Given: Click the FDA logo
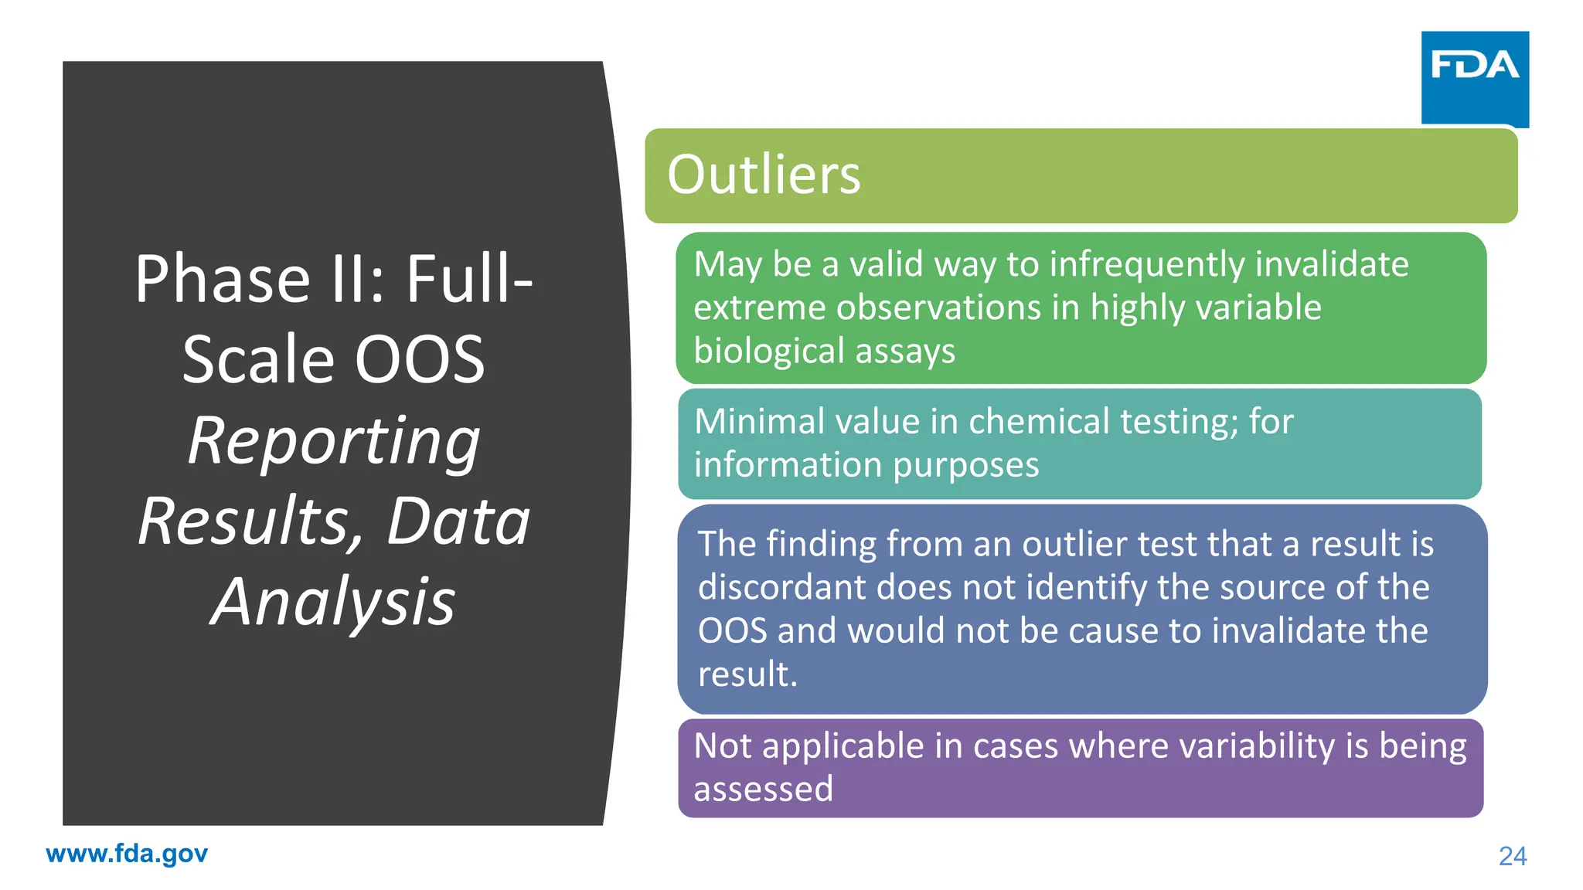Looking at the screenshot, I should [x=1474, y=77].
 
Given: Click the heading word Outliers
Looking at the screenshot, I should [x=764, y=175].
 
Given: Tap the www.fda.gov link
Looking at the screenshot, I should [x=127, y=854].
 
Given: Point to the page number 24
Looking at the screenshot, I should [x=1513, y=856].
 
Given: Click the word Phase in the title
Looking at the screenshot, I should [x=223, y=279].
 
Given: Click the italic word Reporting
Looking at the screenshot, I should [x=334, y=441].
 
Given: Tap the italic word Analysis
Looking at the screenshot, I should [x=334, y=602].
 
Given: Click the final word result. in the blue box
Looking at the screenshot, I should [x=747, y=674].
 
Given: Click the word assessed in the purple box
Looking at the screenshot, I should [x=764, y=790].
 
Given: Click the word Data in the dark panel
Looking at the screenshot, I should [x=458, y=521].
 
